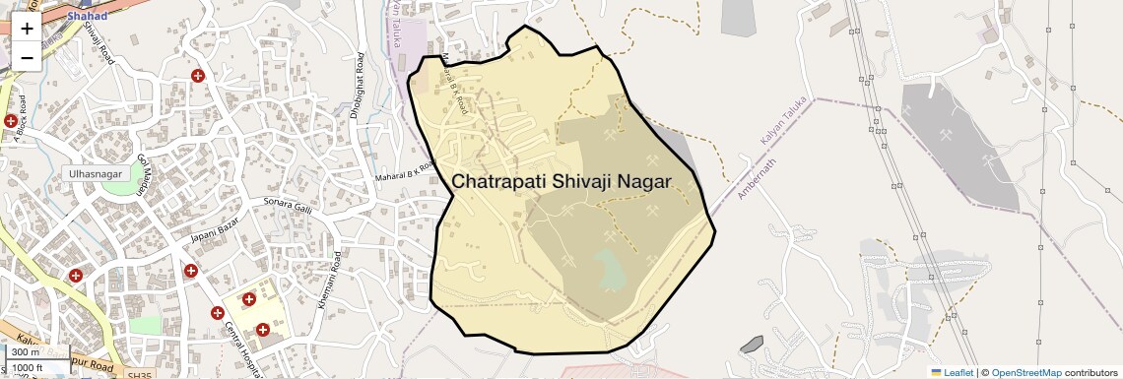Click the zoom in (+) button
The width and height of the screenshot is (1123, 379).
[27, 28]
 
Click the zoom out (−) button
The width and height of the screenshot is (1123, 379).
[27, 57]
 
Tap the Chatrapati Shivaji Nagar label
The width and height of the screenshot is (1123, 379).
[561, 182]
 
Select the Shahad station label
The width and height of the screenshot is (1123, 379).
[87, 16]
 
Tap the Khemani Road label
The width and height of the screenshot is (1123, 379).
[328, 281]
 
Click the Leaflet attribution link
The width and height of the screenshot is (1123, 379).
[952, 372]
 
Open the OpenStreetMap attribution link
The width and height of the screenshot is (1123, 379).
[1025, 372]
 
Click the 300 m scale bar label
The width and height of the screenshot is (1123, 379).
[27, 352]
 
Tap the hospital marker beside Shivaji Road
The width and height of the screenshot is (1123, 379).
[198, 76]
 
